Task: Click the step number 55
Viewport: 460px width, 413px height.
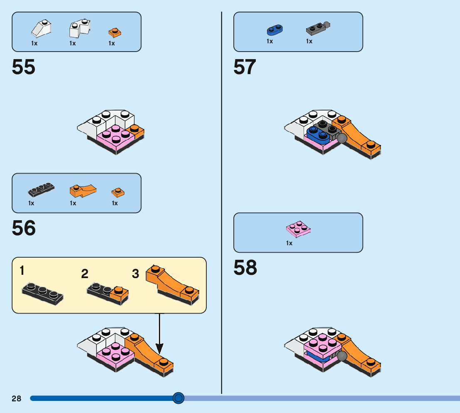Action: (24, 67)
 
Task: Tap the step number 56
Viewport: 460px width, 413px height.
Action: (24, 228)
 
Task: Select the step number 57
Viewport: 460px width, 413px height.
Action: (245, 67)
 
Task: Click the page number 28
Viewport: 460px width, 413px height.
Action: (16, 398)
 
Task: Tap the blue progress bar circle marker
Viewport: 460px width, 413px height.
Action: (178, 398)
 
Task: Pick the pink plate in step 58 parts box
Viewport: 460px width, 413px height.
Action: (298, 229)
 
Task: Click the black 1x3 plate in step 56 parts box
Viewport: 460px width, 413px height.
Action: (41, 189)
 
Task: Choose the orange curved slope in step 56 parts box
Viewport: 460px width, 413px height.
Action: (82, 190)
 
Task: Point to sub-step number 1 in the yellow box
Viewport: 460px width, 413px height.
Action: (22, 271)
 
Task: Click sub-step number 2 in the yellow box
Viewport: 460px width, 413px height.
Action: (85, 274)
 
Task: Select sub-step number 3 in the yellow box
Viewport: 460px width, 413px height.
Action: (136, 274)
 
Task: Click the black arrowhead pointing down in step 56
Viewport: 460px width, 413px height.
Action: (160, 348)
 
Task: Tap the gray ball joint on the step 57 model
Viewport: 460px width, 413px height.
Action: (342, 139)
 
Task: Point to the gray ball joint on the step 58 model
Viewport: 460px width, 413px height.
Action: (342, 356)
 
